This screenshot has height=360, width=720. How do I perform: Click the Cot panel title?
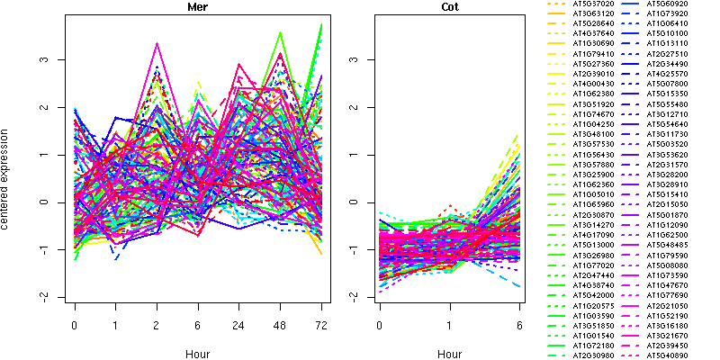[449, 7]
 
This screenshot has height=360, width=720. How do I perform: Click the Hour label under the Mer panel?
[197, 354]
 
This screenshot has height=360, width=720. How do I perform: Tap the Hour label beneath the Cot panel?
[449, 354]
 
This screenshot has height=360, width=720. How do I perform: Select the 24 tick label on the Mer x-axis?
[238, 324]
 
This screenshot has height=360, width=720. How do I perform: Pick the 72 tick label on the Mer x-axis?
[321, 324]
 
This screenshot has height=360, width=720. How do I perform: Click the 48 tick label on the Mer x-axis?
[280, 324]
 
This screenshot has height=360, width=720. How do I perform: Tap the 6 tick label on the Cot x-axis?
[519, 324]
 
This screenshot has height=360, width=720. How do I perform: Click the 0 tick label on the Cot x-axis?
[380, 324]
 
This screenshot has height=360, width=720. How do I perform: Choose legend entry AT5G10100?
[667, 33]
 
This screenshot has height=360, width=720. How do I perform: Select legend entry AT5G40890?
[667, 355]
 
